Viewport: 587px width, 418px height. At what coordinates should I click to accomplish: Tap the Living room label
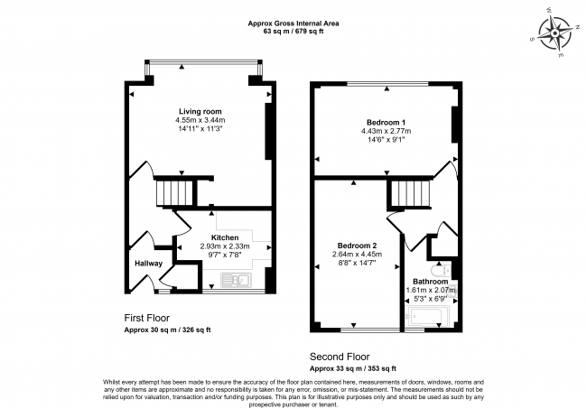(200, 110)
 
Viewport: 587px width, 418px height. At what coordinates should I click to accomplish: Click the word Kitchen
(225, 237)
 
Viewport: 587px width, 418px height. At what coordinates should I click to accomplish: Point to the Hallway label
(149, 264)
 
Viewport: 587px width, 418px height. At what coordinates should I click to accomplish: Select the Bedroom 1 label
(386, 122)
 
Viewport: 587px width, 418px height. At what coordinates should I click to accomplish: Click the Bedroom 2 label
(358, 246)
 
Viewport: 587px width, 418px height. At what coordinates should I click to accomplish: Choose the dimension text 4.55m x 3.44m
(200, 119)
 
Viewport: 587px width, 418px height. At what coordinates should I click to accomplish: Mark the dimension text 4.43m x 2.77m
(386, 132)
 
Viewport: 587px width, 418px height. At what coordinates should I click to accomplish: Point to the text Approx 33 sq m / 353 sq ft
(353, 369)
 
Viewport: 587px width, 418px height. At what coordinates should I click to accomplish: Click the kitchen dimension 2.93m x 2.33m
(225, 246)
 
